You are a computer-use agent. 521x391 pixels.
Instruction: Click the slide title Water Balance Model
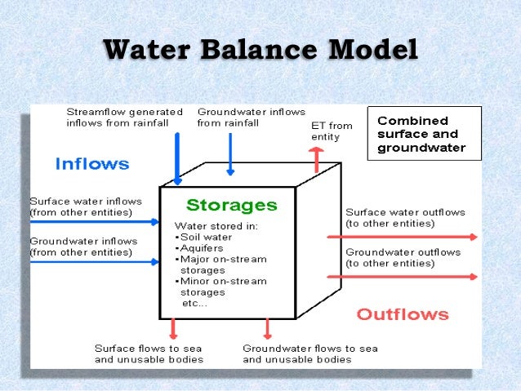click(260, 50)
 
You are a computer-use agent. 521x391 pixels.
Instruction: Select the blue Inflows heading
click(91, 163)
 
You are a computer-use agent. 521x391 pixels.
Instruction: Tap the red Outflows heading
click(403, 313)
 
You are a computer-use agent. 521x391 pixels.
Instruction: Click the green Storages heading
click(231, 204)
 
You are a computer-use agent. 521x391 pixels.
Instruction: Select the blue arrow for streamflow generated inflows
click(177, 155)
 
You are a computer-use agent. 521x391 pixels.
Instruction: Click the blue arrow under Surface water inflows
click(95, 221)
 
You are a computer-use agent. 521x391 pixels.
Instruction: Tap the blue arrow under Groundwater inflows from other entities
click(95, 262)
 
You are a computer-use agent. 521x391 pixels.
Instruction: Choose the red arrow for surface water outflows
click(402, 238)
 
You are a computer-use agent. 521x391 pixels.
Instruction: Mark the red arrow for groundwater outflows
click(402, 277)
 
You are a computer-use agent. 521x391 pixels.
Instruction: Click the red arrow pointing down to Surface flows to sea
click(172, 328)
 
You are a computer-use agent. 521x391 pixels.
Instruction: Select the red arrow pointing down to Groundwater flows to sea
click(266, 328)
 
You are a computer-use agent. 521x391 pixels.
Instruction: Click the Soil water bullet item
click(203, 237)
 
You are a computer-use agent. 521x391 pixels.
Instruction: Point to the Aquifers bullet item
click(200, 248)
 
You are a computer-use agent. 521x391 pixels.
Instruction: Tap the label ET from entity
click(332, 131)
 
